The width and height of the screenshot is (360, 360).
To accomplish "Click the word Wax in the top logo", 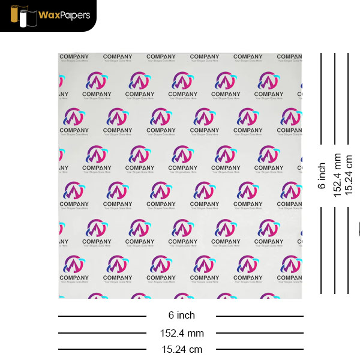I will pos(50,14).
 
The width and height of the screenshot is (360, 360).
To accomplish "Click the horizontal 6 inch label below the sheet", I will pos(181,315).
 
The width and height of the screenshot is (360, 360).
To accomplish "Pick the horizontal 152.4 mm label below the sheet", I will pos(181,333).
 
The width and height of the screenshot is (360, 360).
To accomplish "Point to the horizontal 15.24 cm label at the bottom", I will pos(181,349).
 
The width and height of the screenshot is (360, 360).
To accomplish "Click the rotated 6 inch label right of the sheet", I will pos(322,176).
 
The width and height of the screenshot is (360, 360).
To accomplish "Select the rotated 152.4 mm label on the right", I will pos(337,175).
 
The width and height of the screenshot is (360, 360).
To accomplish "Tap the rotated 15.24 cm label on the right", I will pos(349,175).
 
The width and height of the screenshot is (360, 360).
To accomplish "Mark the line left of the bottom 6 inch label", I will pos(102,316).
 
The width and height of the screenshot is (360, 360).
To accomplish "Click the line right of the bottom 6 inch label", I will pos(259,316).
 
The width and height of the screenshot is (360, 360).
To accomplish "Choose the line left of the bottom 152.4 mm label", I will pos(102,333).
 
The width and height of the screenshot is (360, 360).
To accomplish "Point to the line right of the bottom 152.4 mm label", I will pos(259,333).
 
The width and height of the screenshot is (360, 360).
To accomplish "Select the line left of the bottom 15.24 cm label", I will pos(102,349).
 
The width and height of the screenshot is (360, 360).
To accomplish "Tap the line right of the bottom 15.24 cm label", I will pos(259,349).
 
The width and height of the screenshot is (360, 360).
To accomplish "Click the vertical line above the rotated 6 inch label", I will pos(321,98).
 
